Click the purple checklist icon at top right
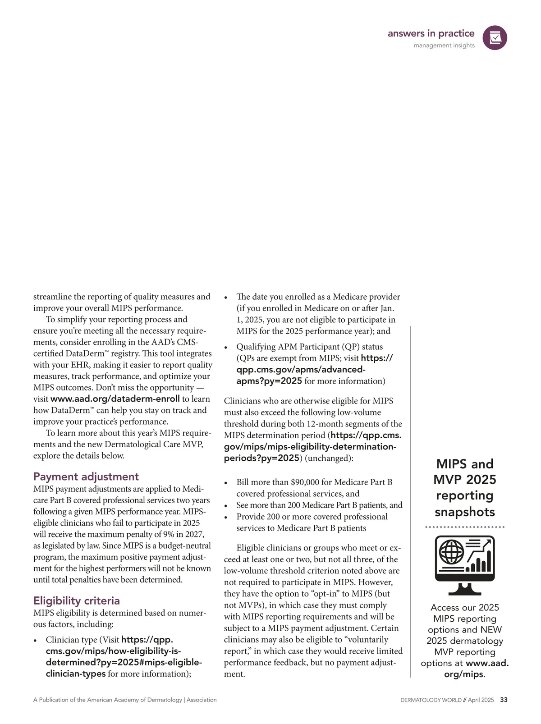coord(495,38)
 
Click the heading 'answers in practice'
coord(431,33)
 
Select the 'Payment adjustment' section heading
coord(86,477)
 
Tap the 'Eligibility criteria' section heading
coord(76,600)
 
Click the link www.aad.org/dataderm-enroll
coord(115,399)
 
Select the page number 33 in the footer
coord(504,700)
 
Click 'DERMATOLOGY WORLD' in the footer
coord(431,700)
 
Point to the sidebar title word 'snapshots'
coord(465,512)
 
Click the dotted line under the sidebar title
coord(465,527)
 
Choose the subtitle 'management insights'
coord(444,46)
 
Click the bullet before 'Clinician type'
coord(35,641)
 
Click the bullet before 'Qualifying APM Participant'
coord(226,348)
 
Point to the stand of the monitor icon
coord(465,589)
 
